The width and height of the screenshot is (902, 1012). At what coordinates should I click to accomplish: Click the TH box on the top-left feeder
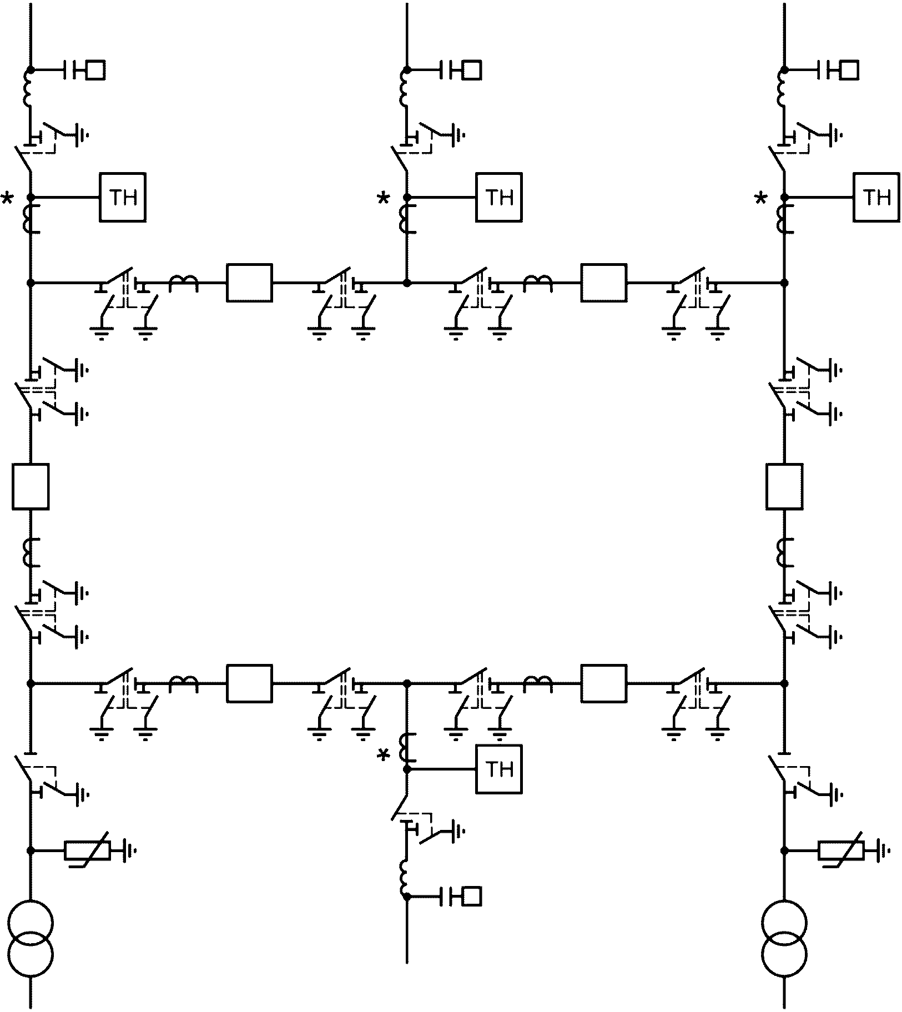(x=123, y=197)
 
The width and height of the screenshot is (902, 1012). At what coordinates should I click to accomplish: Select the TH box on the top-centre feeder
(x=499, y=197)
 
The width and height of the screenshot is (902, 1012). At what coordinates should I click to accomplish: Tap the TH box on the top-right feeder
(x=876, y=197)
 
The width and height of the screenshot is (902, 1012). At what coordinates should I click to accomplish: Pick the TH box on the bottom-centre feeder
(x=499, y=769)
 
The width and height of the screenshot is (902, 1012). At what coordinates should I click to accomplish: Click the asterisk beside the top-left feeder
(x=8, y=198)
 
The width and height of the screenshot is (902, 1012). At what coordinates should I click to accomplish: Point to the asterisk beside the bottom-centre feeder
(x=384, y=756)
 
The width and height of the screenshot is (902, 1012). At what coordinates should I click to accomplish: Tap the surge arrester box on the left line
(x=88, y=850)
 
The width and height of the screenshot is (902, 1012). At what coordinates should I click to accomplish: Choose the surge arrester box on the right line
(x=841, y=850)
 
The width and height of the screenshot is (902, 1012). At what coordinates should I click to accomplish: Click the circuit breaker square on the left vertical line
(x=31, y=486)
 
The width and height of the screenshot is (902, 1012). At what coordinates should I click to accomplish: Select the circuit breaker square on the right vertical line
(x=784, y=486)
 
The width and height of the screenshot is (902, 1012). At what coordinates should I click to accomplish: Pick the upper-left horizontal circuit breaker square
(x=249, y=283)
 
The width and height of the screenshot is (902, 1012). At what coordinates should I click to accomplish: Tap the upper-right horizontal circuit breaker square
(x=604, y=283)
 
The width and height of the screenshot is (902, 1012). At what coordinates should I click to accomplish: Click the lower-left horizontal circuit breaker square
(x=249, y=683)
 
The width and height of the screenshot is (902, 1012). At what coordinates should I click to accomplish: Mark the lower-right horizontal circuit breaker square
(x=604, y=683)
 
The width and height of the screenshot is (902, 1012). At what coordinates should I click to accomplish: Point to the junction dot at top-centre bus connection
(x=407, y=283)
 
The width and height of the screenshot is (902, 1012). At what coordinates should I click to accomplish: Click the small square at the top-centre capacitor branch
(x=472, y=71)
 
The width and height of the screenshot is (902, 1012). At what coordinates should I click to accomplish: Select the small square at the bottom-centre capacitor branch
(x=472, y=896)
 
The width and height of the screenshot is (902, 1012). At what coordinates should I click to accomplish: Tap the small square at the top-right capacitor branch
(x=849, y=71)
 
